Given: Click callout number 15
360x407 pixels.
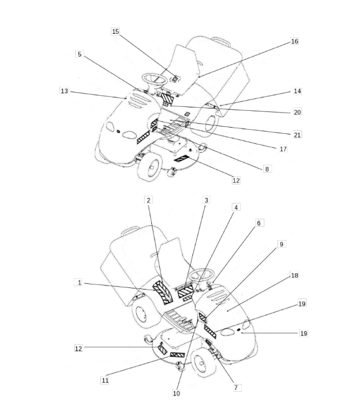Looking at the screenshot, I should point(115,31).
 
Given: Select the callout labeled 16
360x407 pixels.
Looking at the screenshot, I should point(294,42).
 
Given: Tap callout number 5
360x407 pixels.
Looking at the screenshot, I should point(79,54).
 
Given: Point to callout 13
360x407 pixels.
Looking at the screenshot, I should point(64,91).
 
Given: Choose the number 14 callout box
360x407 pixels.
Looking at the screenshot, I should point(297,91).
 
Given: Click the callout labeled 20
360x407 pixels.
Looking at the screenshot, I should point(297,112).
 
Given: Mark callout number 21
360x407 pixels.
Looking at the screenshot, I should point(297,135).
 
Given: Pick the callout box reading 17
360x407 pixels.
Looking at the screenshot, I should point(283,149).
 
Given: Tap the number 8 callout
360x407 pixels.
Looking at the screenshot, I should point(267,168).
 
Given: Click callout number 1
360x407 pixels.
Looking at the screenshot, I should point(79,282).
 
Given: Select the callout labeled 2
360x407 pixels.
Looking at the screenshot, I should point(148,200).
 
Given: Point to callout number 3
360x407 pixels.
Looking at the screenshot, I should point(206,200).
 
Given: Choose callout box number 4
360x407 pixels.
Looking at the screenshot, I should point(236,207).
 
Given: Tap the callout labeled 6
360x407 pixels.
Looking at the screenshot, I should point(259,223).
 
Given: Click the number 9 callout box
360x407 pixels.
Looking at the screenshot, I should point(281,244).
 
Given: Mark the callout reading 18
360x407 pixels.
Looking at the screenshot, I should point(294,275).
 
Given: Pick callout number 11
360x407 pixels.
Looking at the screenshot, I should point(105,381).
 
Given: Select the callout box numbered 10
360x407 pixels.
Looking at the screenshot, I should point(176,394).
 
